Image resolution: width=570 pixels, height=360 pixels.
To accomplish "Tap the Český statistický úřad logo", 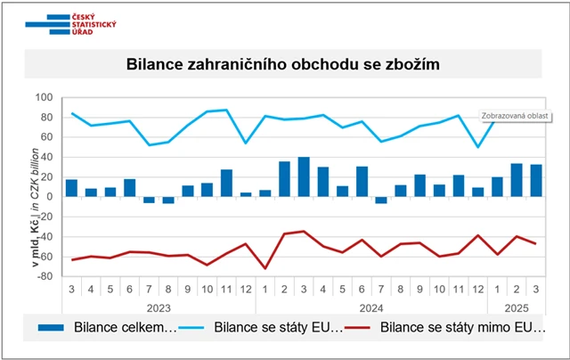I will click(x=70, y=24).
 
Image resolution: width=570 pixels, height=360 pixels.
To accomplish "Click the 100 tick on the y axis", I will click(x=44, y=97).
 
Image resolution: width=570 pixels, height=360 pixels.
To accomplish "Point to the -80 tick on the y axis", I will click(x=44, y=275).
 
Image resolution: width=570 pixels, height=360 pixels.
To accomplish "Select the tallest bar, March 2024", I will click(x=304, y=176).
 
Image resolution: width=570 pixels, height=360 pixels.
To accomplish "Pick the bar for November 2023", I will click(x=226, y=183).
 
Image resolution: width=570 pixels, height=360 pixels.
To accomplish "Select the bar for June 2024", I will click(x=362, y=181).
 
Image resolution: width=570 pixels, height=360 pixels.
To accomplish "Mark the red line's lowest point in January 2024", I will click(x=265, y=268).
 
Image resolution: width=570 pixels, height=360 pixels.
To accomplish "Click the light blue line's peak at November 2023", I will click(x=226, y=110).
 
